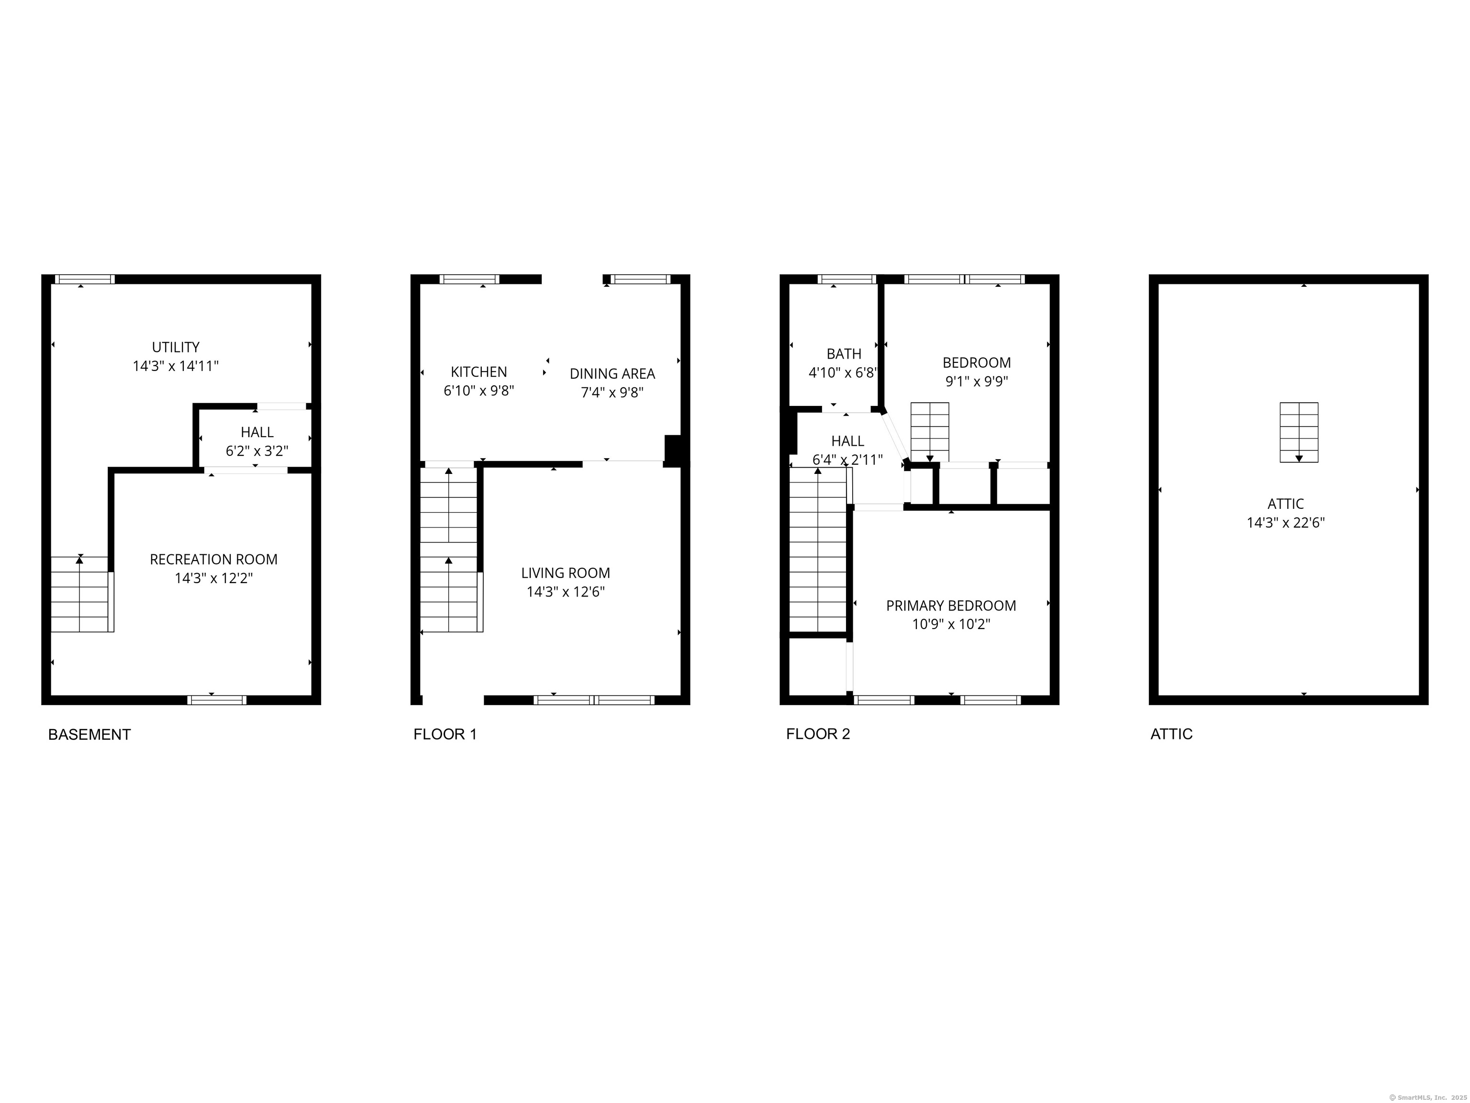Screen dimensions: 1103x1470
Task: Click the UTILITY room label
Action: click(176, 347)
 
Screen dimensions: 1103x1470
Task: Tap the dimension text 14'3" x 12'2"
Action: click(213, 578)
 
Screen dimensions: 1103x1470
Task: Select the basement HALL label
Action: click(257, 432)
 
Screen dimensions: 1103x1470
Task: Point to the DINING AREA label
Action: click(612, 373)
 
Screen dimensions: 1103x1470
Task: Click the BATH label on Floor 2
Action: click(844, 354)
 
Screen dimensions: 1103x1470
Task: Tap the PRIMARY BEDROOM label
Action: click(950, 606)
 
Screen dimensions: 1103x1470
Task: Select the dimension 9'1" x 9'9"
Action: click(976, 382)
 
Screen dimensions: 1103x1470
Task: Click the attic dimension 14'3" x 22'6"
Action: click(1285, 523)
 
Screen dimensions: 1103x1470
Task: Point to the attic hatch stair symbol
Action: click(1299, 432)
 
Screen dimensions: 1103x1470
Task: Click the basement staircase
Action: click(80, 594)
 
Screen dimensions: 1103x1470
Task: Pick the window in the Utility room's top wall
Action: click(84, 279)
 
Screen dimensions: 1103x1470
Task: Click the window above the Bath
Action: click(846, 279)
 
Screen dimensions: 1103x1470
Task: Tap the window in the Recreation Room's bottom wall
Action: click(217, 699)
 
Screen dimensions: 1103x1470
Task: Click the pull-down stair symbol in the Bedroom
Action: click(929, 432)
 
